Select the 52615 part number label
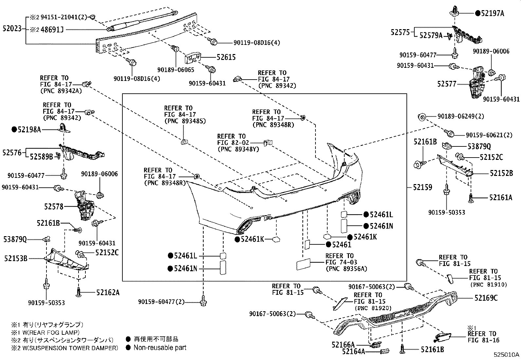pyautogui.click(x=226, y=57)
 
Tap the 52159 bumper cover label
pyautogui.click(x=422, y=187)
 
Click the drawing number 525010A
pyautogui.click(x=507, y=354)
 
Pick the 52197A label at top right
pyautogui.click(x=493, y=13)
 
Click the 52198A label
pyautogui.click(x=29, y=130)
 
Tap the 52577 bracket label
pyautogui.click(x=446, y=84)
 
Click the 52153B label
pyautogui.click(x=16, y=258)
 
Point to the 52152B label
pyautogui.click(x=501, y=173)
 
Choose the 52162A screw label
pyautogui.click(x=108, y=293)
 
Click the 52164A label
pyautogui.click(x=353, y=351)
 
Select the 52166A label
pyautogui.click(x=343, y=345)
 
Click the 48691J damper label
pyautogui.click(x=52, y=30)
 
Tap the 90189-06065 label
pyautogui.click(x=175, y=70)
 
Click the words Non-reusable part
pyautogui.click(x=160, y=348)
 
